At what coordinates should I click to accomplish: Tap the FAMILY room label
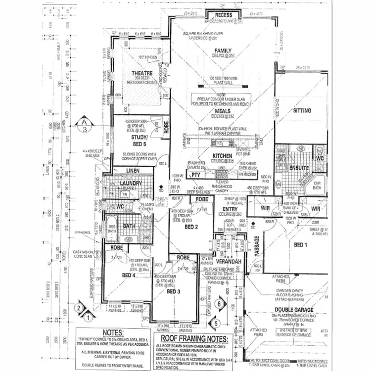(x=223, y=50)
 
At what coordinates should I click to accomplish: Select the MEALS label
(x=223, y=111)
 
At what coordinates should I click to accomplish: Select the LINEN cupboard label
(x=133, y=171)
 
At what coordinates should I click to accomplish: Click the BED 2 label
(x=191, y=227)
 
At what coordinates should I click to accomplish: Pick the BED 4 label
(x=128, y=275)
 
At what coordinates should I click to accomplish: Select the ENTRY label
(x=230, y=210)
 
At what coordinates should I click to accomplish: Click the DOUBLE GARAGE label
(x=302, y=311)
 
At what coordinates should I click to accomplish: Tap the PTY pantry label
(x=195, y=175)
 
